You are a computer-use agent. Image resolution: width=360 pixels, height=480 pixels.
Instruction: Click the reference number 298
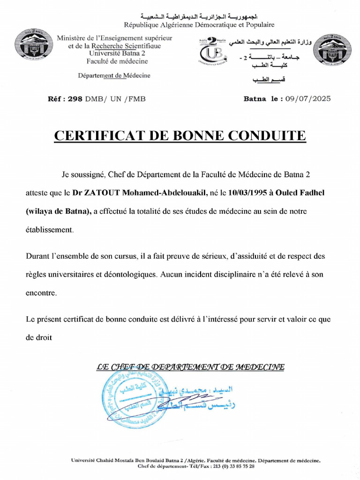75,98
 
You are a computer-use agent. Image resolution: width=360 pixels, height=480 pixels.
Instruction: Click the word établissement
49,230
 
